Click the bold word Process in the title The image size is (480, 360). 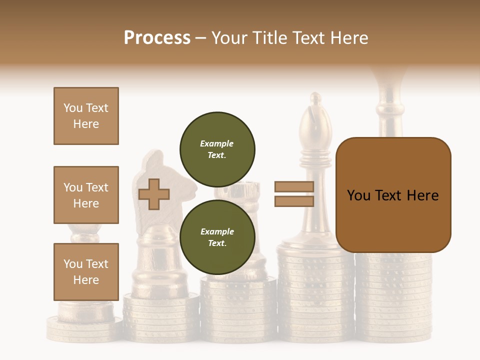tap(157, 37)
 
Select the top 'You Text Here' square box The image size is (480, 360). tap(86, 116)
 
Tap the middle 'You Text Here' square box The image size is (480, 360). tap(86, 195)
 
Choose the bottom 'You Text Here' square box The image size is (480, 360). tap(86, 272)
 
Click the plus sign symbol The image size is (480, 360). tap(154, 194)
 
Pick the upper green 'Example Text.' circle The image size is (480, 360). tap(217, 149)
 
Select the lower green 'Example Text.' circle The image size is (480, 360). tap(217, 237)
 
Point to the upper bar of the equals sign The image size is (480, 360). tap(294, 187)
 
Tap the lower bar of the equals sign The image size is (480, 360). tap(294, 201)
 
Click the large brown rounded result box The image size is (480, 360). tap(393, 195)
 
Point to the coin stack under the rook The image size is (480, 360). tap(238, 310)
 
